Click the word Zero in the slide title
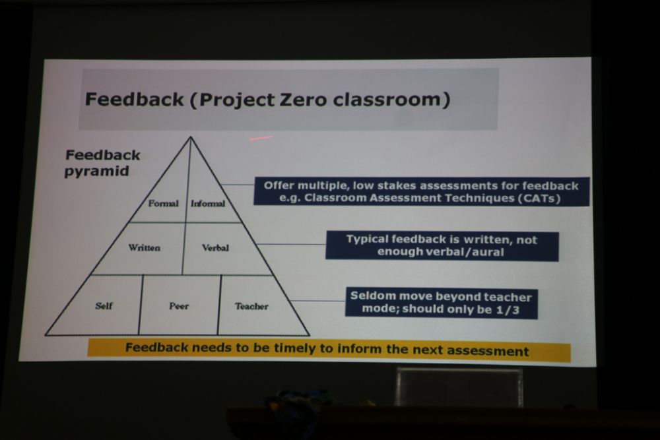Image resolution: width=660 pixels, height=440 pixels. coord(303,100)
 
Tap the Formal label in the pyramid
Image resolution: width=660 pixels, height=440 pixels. coord(163,204)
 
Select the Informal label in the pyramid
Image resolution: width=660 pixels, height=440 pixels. coord(208,204)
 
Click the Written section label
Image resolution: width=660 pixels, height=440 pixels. coord(145,248)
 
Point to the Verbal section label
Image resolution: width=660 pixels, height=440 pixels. coord(216,248)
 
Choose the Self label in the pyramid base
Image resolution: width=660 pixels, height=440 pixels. coord(104,306)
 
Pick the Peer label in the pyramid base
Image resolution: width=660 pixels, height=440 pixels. coord(179,306)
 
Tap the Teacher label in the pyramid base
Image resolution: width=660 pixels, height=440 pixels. coord(251,306)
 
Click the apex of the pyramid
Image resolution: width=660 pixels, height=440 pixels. coord(191,137)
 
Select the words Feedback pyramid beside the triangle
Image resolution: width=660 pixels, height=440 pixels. coord(102,163)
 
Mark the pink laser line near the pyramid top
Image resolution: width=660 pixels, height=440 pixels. coord(261,138)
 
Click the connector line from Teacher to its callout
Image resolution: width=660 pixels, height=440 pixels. coord(318,301)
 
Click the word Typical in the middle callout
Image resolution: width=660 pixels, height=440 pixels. coord(368,239)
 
